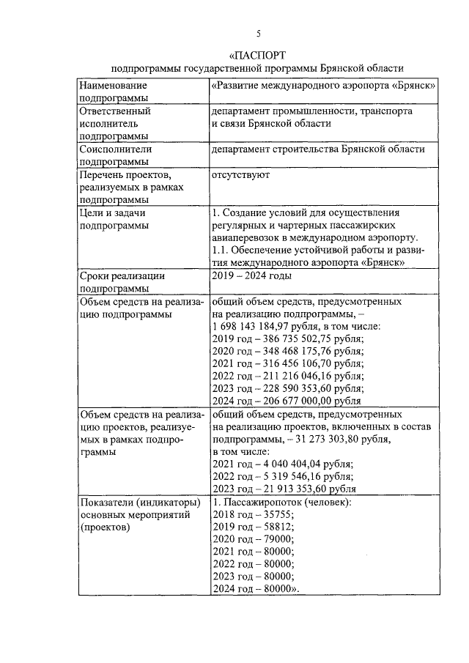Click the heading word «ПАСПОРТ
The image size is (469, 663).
(257, 55)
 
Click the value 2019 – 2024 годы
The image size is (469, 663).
(251, 276)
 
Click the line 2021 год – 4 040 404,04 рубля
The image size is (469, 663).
(281, 464)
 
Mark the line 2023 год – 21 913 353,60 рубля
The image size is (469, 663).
(284, 489)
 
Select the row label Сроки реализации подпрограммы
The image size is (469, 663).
(122, 282)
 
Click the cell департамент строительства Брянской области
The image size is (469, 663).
(317, 149)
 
